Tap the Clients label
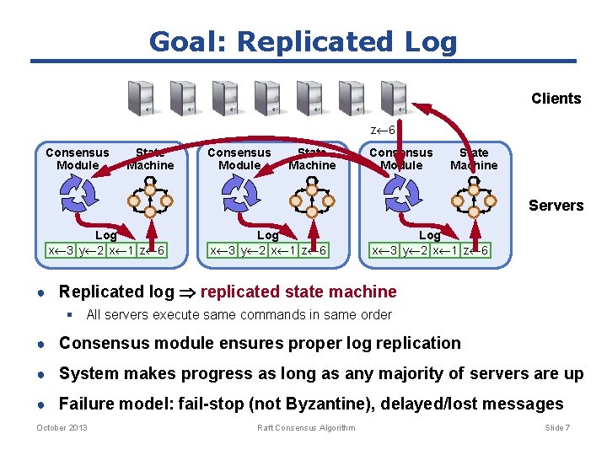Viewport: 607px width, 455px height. [556, 99]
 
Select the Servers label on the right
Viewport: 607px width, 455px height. [556, 205]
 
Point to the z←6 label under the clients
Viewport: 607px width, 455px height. [383, 130]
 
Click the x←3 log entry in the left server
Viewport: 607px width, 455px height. [62, 250]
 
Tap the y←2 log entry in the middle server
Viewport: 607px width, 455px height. [251, 250]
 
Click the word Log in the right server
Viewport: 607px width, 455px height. [429, 236]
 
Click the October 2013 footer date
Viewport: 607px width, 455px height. [62, 428]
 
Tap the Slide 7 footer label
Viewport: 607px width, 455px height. [556, 428]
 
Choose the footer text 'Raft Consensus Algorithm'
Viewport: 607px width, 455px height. [306, 428]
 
